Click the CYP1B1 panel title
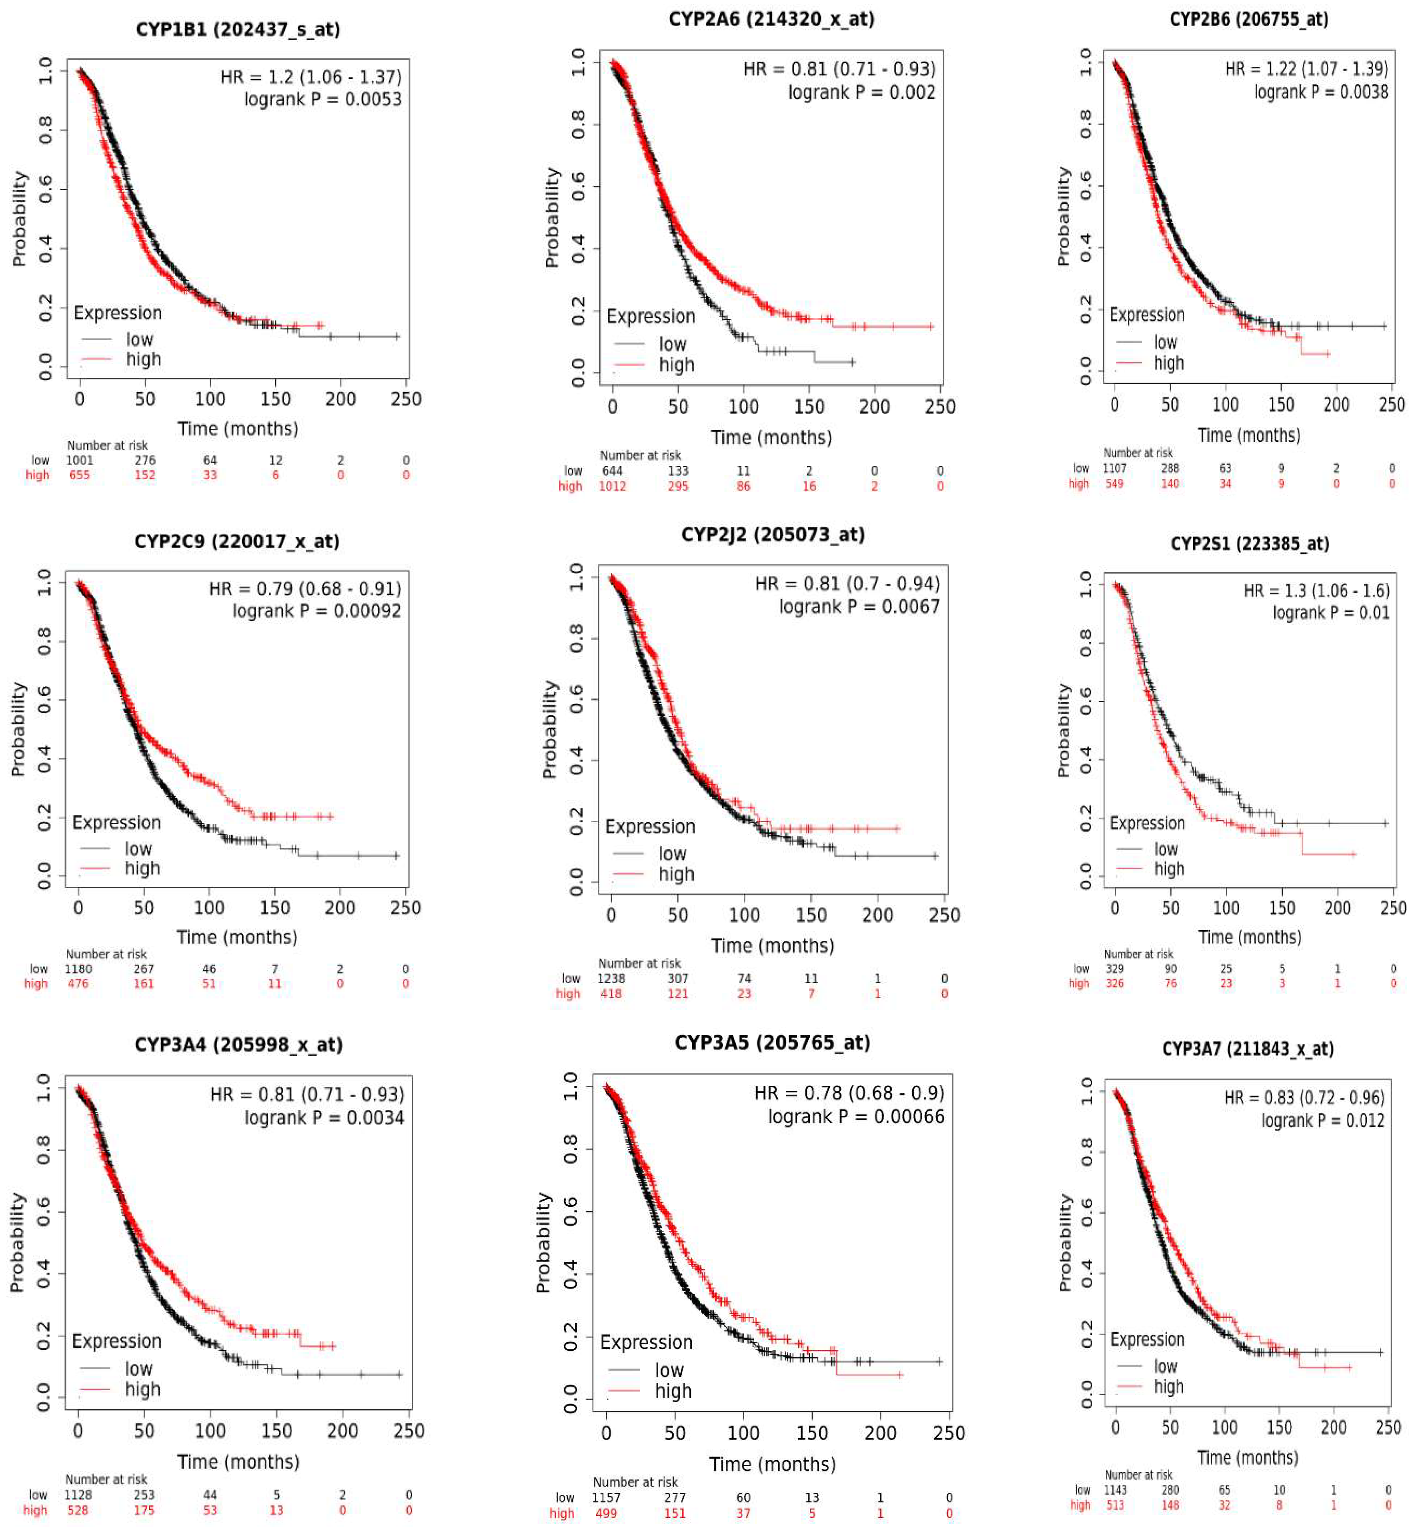(238, 29)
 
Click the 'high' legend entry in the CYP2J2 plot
(676, 875)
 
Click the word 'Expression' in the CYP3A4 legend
(116, 1341)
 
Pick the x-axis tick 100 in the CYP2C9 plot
(208, 908)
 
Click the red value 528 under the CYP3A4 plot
(77, 1510)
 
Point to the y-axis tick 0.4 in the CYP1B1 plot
(45, 248)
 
